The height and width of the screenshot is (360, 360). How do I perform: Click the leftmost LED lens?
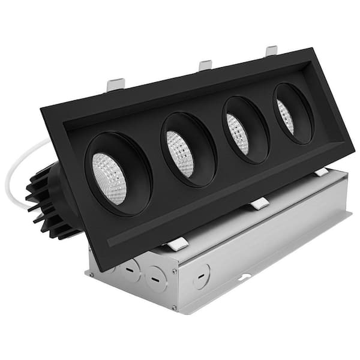tap(110, 178)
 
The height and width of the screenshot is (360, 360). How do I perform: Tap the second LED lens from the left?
tap(180, 154)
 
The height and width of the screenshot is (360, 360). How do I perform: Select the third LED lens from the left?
tap(238, 134)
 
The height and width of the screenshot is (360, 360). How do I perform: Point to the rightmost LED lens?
tap(286, 116)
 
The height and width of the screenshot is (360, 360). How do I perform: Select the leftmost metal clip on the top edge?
tap(115, 85)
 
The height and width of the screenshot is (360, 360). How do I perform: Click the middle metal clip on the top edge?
tap(206, 65)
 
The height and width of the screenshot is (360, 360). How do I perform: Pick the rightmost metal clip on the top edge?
tap(272, 50)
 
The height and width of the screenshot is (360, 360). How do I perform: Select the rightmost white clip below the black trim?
tap(322, 172)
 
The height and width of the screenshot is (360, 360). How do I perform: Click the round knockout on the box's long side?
tap(201, 276)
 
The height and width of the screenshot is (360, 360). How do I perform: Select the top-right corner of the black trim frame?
tap(313, 49)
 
